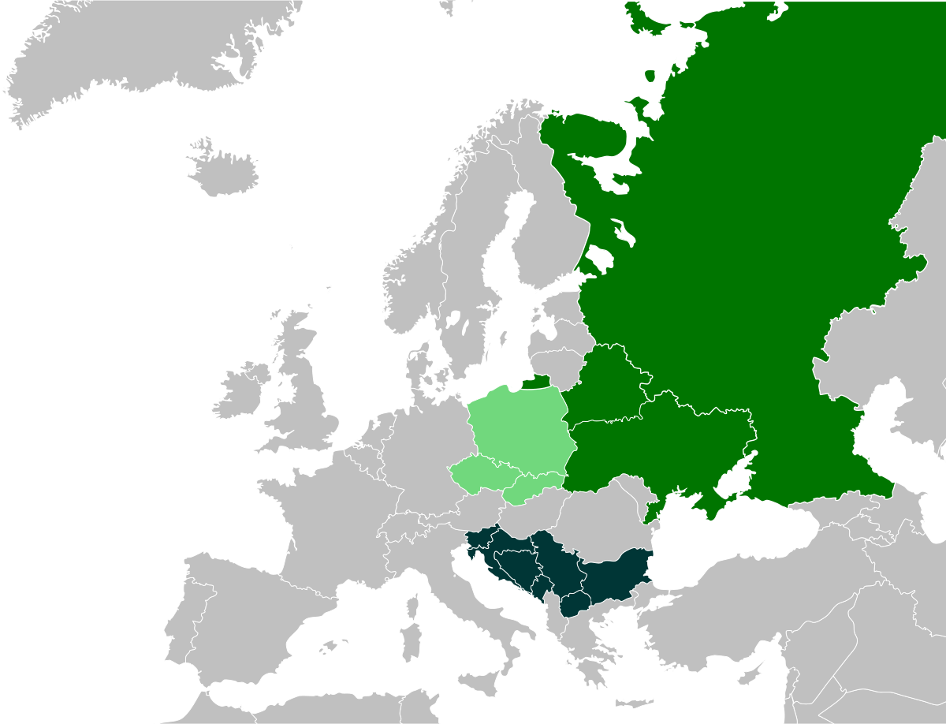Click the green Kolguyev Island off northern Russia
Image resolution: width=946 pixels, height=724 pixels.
pos(650,76)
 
